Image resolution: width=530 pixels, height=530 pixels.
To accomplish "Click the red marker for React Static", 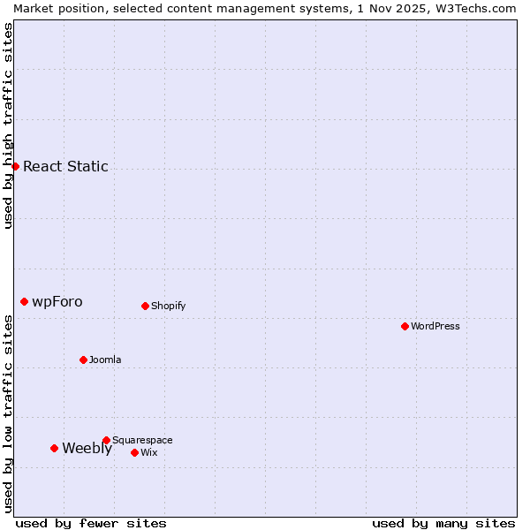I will point(15,166).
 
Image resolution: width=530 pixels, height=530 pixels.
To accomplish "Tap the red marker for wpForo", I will point(25,301).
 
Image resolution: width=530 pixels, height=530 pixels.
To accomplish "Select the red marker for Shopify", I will point(145,306).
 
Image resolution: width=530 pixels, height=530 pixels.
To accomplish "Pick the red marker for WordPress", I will point(405,326).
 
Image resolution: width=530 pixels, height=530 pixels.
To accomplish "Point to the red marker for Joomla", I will point(84,360).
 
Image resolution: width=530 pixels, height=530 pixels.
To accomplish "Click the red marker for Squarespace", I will point(106,440).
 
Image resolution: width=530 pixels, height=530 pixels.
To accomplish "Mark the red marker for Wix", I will point(134,452).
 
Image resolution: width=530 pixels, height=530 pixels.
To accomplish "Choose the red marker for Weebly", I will point(55,448).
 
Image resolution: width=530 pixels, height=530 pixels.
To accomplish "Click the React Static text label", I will point(65,166).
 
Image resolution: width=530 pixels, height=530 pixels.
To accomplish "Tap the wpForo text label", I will point(57,301).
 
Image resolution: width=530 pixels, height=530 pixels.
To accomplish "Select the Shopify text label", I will point(168,306).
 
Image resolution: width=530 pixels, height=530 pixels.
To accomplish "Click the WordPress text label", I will point(435,326).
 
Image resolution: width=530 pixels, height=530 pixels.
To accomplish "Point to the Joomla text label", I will point(105,360).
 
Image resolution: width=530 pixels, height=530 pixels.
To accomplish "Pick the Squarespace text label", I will point(142,440).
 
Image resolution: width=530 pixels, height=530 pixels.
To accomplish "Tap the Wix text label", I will point(148,452).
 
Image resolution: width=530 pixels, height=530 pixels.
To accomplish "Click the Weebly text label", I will point(87,448).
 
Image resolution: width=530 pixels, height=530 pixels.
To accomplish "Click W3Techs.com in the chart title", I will point(481,8).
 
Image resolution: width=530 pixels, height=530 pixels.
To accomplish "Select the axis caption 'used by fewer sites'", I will point(91,523).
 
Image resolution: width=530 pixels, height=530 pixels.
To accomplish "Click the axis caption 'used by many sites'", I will point(443,523).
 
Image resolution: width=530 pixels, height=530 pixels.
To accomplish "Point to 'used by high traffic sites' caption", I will point(8,125).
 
